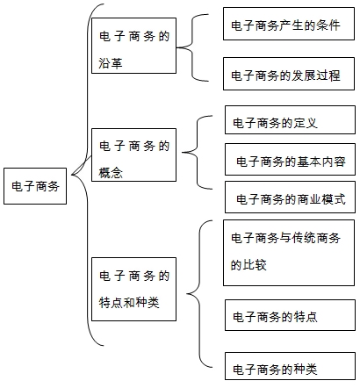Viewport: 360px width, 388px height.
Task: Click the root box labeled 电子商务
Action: pos(35,186)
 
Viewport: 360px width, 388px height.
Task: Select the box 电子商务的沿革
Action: pos(133,46)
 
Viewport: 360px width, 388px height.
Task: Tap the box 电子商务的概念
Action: pos(133,154)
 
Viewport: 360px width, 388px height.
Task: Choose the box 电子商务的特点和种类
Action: pos(133,289)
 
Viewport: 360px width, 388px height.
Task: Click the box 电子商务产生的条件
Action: pos(289,24)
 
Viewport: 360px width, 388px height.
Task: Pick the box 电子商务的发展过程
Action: pos(289,74)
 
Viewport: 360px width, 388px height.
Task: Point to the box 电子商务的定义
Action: pos(290,120)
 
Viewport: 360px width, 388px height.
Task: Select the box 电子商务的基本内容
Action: pos(290,160)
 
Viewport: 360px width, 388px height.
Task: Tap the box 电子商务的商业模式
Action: pos(290,197)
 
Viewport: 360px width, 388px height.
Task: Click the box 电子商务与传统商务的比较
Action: pos(289,253)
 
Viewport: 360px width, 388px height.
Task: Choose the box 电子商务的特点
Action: pos(290,315)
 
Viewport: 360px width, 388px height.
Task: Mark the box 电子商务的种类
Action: pos(290,366)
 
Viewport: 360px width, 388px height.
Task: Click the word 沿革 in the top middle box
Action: pos(111,63)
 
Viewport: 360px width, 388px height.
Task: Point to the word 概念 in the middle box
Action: pos(111,173)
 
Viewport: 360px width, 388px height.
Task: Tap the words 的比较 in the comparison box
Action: pos(248,265)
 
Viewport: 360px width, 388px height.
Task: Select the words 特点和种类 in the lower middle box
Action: pos(129,302)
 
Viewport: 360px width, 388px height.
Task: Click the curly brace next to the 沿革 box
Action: pos(192,47)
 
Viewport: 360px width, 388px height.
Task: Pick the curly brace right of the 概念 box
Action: pos(198,153)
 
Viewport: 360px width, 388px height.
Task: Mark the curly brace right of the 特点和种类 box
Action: pos(199,293)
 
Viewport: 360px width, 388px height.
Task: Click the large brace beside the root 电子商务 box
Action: pos(87,175)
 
